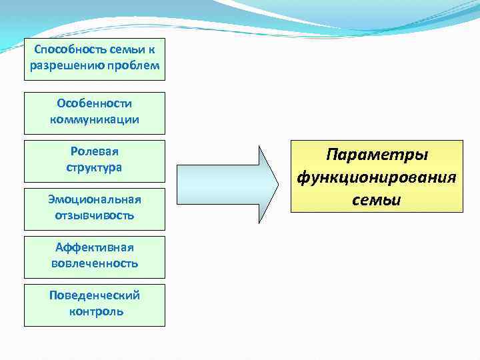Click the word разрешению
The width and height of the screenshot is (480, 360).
point(66,65)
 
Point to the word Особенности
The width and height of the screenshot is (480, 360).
point(94,104)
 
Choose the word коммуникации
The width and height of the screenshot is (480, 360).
point(94,119)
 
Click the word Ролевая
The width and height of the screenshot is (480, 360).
point(94,152)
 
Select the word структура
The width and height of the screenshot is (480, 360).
point(94,167)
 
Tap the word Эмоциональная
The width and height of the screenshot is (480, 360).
point(94,200)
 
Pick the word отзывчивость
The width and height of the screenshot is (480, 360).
point(94,215)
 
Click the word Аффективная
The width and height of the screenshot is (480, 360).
point(94,248)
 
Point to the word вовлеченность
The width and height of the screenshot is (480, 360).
point(94,263)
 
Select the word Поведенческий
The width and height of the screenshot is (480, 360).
point(94,295)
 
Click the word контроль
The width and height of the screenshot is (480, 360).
point(95,311)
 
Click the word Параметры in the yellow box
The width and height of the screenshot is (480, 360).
point(377,155)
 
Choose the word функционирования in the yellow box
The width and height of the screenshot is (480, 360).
point(377,177)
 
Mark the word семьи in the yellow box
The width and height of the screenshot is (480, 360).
point(377,200)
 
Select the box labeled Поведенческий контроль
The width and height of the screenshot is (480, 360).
point(94,305)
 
